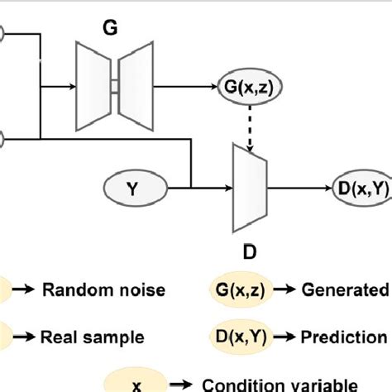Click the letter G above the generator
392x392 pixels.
point(110,28)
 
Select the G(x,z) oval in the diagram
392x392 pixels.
point(246,86)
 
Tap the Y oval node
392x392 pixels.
point(133,187)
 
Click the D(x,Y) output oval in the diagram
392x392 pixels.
point(361,187)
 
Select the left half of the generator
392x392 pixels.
point(93,86)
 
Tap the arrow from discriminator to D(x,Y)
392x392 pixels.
point(298,187)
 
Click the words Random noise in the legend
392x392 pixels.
point(104,290)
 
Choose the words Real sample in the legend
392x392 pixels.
point(93,337)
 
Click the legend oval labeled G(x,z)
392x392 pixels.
point(234,290)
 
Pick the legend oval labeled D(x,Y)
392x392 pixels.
point(234,337)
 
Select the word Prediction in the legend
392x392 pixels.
point(343,337)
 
